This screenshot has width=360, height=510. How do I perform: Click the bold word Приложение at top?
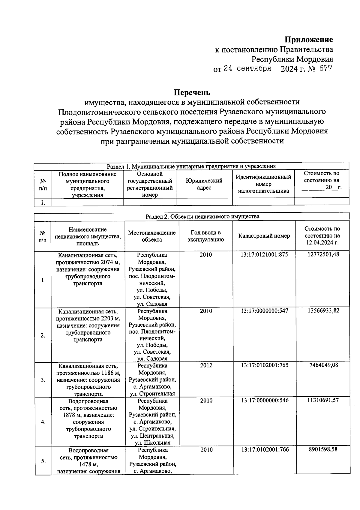[x=309, y=40]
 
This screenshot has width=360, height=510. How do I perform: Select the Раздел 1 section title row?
[x=191, y=166]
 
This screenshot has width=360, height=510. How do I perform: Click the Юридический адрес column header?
[x=204, y=184]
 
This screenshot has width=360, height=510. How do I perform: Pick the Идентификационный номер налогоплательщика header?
[x=263, y=184]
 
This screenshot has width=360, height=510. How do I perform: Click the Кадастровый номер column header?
[x=264, y=236]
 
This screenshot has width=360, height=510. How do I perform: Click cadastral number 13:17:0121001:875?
[x=264, y=255]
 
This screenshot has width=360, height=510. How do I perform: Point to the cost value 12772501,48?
[x=323, y=255]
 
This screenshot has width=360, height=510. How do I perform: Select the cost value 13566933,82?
[x=323, y=310]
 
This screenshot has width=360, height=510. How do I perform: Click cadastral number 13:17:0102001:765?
[x=265, y=365]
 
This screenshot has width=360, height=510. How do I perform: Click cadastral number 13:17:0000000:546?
[x=265, y=400]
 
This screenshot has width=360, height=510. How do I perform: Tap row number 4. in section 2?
[x=43, y=422]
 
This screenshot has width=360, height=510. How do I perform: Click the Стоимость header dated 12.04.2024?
[x=322, y=236]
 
